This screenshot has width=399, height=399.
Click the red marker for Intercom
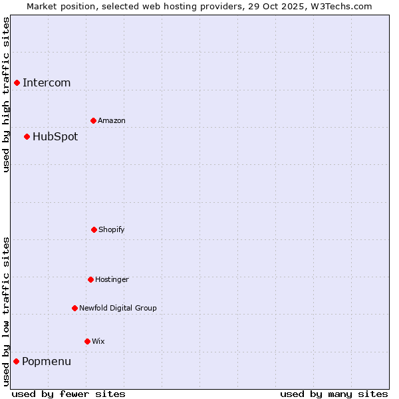click(17, 82)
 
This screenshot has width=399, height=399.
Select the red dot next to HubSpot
click(27, 136)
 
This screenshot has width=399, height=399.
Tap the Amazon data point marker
click(93, 120)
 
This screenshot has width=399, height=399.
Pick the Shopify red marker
click(94, 229)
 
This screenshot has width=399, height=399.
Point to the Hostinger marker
click(90, 279)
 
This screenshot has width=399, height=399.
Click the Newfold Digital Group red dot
click(74, 308)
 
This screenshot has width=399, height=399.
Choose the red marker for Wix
click(87, 341)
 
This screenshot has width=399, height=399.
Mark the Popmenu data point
click(16, 361)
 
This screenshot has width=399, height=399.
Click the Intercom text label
click(47, 83)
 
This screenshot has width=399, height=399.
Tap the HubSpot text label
click(55, 137)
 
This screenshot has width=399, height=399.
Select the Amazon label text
click(112, 121)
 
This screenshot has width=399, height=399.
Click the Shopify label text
click(112, 230)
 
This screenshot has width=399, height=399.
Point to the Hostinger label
click(112, 280)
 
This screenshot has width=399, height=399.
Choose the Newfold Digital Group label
click(118, 309)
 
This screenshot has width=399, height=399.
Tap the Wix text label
click(98, 342)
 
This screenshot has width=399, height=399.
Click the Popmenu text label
click(47, 362)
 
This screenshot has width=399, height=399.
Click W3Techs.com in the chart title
click(339, 6)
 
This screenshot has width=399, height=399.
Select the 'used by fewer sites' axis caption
click(68, 394)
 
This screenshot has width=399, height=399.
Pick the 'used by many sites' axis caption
click(334, 394)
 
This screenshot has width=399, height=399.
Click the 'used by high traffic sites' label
click(6, 94)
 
